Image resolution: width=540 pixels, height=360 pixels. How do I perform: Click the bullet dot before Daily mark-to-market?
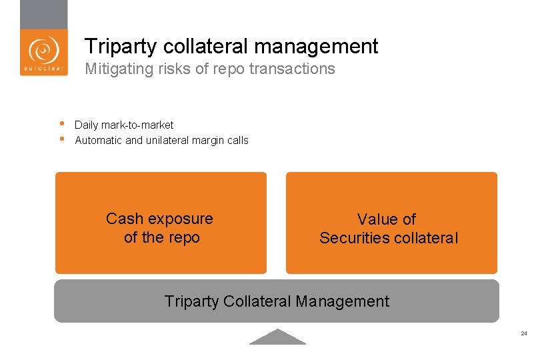61,123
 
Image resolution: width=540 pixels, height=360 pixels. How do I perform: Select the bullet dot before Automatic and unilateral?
61,139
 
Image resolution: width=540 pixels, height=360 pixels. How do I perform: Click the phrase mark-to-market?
141,125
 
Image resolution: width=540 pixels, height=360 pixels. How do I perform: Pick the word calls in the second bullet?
237,140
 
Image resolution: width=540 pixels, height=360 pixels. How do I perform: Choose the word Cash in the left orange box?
124,219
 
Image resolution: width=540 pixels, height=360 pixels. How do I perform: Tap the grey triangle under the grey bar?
277,337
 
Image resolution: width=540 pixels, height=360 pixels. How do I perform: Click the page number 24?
524,333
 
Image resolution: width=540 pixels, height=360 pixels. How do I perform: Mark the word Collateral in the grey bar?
257,301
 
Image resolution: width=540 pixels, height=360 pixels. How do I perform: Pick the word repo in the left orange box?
185,237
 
